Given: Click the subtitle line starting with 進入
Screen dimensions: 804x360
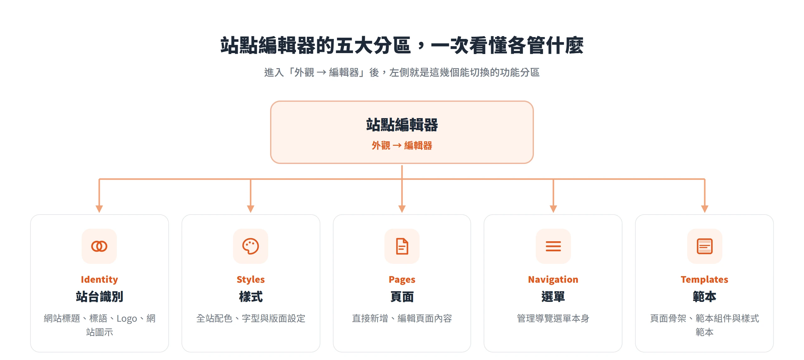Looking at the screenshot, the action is click(x=402, y=73).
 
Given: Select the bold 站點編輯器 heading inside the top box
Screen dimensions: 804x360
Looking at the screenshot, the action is click(x=402, y=125).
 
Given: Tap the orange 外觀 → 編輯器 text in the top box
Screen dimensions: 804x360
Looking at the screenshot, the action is click(x=402, y=145).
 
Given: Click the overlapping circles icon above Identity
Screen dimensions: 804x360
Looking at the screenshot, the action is click(x=99, y=246).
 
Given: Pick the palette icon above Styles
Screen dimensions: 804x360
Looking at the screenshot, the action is click(x=251, y=246).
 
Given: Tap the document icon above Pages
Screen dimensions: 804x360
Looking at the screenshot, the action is click(x=402, y=246).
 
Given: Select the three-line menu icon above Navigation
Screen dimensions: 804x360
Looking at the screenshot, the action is click(x=553, y=246).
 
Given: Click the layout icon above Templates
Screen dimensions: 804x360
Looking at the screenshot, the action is click(x=705, y=246).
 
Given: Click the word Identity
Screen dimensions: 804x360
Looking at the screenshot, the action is click(x=99, y=280).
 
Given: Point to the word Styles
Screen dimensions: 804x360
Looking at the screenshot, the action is click(x=251, y=280).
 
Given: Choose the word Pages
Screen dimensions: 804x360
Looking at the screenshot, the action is click(x=402, y=280).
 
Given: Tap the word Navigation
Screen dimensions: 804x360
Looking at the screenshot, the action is click(x=553, y=280).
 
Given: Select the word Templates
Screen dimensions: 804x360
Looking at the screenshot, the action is click(x=704, y=280).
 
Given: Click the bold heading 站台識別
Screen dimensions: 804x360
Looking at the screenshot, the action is click(x=99, y=297).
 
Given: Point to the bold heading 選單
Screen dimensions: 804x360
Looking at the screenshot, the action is click(x=553, y=297).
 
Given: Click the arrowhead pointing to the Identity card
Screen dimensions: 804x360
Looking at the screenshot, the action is click(x=99, y=209).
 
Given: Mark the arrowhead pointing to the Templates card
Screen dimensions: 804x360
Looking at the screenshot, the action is click(x=705, y=209).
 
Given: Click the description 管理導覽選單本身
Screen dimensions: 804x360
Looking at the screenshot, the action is click(x=553, y=319).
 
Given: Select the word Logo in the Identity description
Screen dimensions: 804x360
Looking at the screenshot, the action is click(x=127, y=319).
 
